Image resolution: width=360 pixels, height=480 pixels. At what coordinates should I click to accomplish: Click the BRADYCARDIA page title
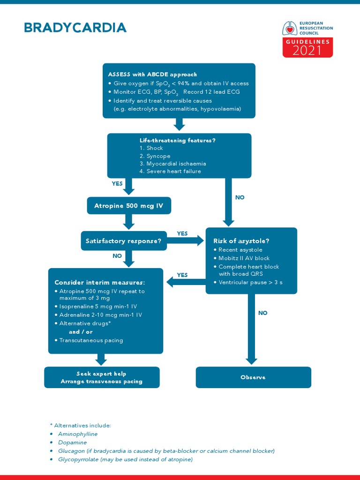click(x=75, y=28)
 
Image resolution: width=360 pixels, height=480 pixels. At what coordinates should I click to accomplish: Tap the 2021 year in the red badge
click(x=307, y=50)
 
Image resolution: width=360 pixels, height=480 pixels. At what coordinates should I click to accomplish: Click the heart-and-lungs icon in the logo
click(x=290, y=29)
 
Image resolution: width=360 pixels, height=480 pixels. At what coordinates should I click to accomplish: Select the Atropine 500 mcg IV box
click(x=129, y=206)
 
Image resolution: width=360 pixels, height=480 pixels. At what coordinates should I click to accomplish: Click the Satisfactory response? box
click(x=123, y=241)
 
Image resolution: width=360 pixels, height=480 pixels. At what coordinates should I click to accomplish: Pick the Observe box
click(x=253, y=377)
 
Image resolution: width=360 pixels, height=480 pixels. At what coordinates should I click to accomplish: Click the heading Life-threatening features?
click(x=177, y=140)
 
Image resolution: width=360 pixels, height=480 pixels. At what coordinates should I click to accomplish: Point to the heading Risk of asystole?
click(x=241, y=241)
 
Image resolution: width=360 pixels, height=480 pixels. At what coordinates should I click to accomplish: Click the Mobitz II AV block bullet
click(x=244, y=258)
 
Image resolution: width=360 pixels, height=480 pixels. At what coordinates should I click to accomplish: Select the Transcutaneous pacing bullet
click(x=91, y=340)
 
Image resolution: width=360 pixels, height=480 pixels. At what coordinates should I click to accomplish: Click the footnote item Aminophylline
click(x=78, y=434)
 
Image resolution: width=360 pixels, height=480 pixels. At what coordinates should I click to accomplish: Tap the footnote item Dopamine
click(x=72, y=442)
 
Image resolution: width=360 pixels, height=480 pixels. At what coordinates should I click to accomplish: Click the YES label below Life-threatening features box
click(x=117, y=184)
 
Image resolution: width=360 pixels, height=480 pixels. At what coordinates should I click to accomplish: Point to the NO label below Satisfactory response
click(x=117, y=256)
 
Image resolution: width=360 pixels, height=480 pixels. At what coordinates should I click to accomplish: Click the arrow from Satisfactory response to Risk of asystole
click(x=185, y=241)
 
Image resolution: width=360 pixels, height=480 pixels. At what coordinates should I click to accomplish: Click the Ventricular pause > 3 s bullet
click(x=250, y=283)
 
